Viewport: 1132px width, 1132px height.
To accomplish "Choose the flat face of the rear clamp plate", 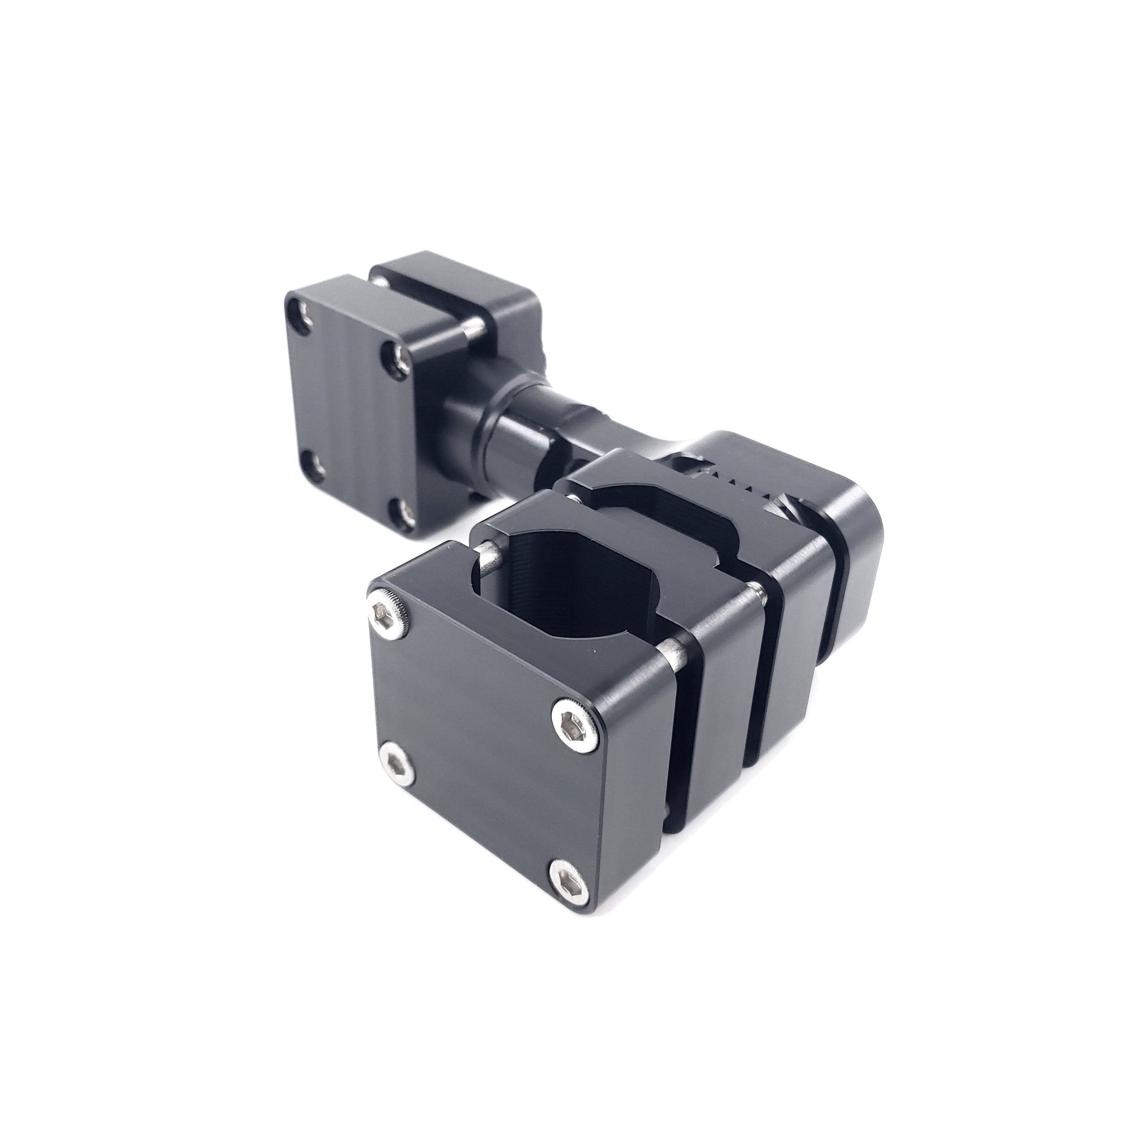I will tap(352, 410).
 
